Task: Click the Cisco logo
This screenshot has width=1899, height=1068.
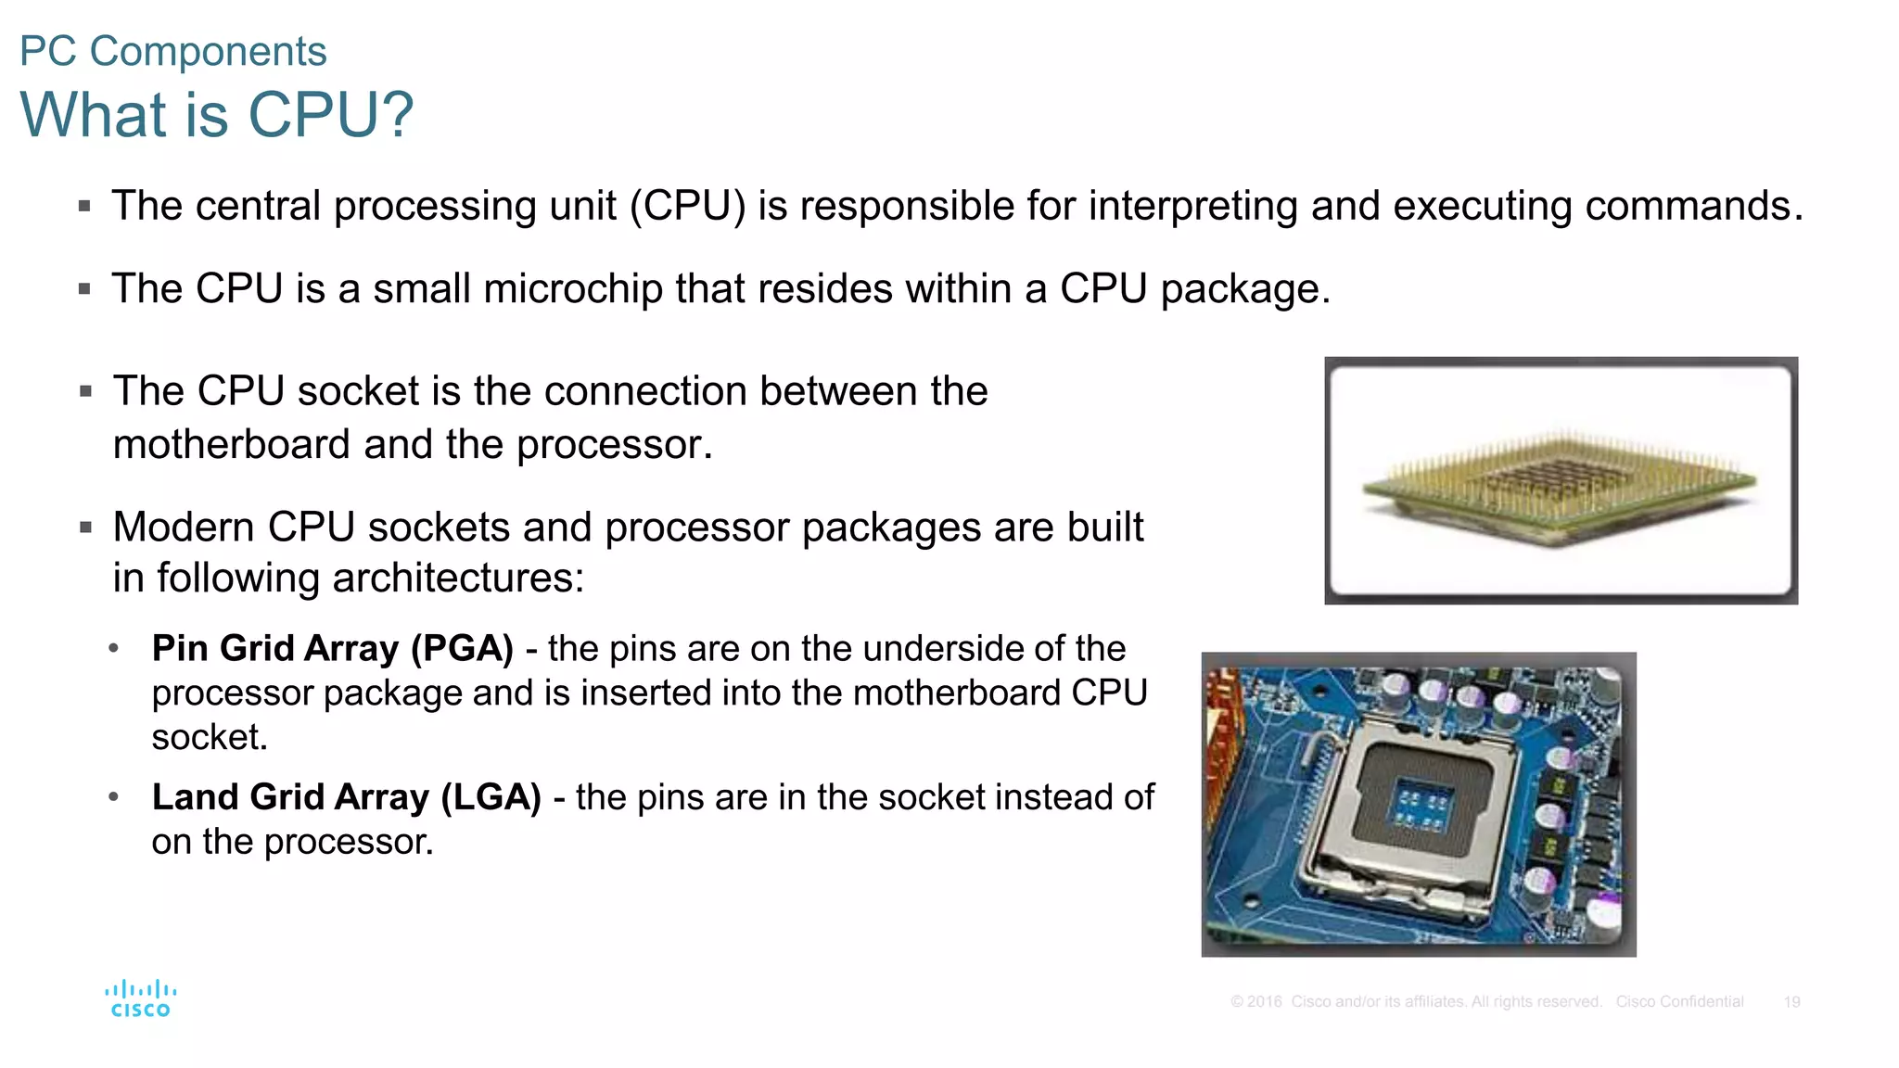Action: click(x=140, y=998)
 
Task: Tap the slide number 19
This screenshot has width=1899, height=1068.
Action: click(x=1791, y=1002)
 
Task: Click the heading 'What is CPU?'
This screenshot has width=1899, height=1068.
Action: click(x=216, y=115)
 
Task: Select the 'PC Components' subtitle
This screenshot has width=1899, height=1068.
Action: click(x=173, y=51)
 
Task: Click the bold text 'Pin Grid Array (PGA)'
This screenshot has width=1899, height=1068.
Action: click(x=332, y=648)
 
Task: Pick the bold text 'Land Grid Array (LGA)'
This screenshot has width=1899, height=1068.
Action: click(x=346, y=797)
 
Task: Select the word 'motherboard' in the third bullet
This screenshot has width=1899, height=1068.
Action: click(x=232, y=445)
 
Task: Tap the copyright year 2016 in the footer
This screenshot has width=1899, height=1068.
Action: click(x=1264, y=1002)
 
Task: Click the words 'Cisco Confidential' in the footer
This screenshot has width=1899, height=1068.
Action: click(x=1679, y=1002)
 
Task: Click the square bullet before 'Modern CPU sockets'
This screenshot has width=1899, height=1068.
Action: click(x=85, y=528)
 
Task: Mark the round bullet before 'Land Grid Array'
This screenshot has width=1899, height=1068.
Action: click(x=113, y=797)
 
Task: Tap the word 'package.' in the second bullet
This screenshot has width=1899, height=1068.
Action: click(x=1244, y=289)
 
